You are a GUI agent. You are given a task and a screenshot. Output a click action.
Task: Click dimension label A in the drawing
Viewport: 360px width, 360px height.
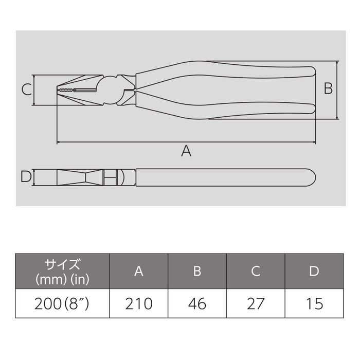point(186,151)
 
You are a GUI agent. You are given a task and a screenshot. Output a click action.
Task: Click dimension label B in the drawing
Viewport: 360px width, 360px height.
point(328,89)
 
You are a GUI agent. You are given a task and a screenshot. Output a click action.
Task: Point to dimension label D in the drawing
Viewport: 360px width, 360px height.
point(26,177)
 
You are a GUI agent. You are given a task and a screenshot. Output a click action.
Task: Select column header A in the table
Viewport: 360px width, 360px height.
point(139,272)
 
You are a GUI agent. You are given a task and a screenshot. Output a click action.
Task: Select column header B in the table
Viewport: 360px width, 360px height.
point(197,272)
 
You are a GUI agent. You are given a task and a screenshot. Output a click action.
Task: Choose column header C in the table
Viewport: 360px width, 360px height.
point(256,272)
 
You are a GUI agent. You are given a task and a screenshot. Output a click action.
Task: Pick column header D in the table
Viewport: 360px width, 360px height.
point(314,272)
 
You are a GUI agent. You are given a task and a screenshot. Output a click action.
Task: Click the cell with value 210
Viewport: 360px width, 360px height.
point(139,303)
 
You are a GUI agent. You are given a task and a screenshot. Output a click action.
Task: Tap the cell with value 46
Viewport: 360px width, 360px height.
point(197,303)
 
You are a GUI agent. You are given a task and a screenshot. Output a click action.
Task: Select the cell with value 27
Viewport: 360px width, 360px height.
point(256,303)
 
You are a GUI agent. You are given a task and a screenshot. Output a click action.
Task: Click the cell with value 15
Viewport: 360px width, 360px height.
point(314,303)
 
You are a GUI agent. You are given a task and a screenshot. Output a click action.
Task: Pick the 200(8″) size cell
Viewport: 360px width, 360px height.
point(62,303)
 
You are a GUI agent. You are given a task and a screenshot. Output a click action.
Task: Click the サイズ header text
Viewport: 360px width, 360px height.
point(62,265)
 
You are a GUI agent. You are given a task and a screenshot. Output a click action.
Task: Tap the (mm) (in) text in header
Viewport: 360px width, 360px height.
point(62,279)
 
